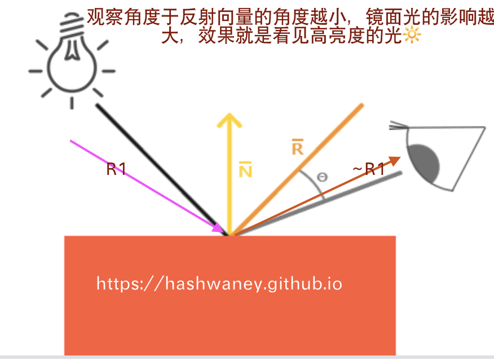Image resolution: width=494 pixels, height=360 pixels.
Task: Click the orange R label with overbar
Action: pos(297,148)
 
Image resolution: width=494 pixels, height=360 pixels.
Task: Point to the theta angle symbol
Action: pos(323,177)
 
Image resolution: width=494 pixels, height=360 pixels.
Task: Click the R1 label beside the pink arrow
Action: pos(116,169)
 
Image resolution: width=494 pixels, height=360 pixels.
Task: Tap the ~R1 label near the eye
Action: pos(369,169)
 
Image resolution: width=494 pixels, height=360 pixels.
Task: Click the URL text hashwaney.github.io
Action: pos(219,283)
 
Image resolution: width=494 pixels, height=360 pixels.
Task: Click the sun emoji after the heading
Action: pos(412,36)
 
